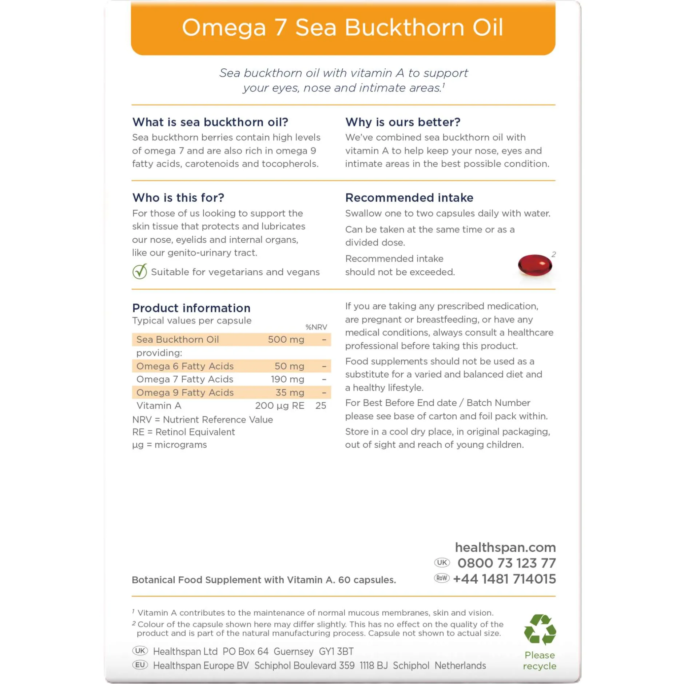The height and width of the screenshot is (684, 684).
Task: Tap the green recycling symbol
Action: (540, 629)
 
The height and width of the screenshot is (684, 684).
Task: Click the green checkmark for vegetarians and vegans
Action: (140, 271)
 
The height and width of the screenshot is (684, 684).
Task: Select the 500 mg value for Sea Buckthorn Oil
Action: (286, 339)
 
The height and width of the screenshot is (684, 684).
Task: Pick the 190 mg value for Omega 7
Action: (287, 379)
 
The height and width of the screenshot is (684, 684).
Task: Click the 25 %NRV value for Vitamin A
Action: (321, 406)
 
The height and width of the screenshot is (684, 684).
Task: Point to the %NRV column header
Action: (316, 327)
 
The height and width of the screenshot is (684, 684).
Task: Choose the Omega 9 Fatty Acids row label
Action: (185, 393)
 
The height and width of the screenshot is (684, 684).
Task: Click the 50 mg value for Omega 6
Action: (289, 366)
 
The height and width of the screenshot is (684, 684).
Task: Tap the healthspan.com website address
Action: (505, 547)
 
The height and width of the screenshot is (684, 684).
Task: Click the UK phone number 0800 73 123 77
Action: (506, 563)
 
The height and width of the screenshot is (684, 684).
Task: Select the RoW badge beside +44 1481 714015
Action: (442, 578)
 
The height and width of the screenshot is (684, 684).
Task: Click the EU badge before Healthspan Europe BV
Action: (140, 665)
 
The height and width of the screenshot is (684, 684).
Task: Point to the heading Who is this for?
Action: (178, 198)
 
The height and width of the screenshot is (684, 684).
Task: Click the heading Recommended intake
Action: (409, 198)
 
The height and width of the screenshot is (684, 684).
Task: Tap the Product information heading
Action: (191, 308)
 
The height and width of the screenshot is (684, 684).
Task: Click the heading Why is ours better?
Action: (403, 122)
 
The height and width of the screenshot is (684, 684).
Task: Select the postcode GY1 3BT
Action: (336, 651)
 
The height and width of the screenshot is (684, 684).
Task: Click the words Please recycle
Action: (540, 660)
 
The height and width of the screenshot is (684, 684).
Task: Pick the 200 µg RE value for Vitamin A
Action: (279, 406)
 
